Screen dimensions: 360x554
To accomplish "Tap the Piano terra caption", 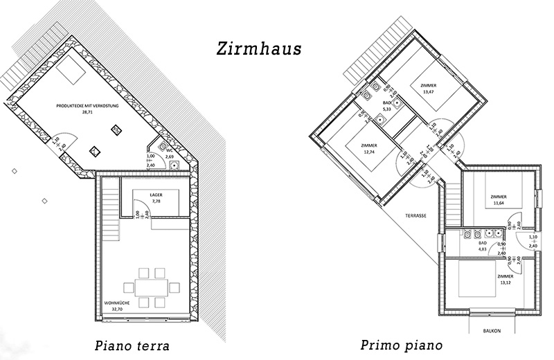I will click(x=132, y=345).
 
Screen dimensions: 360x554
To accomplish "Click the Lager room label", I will click(x=156, y=195).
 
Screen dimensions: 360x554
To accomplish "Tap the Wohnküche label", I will click(x=114, y=303).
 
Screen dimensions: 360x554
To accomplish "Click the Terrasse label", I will click(x=416, y=216).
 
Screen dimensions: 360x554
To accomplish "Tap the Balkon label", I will click(x=492, y=331).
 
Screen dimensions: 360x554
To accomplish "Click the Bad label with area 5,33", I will click(x=388, y=102).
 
